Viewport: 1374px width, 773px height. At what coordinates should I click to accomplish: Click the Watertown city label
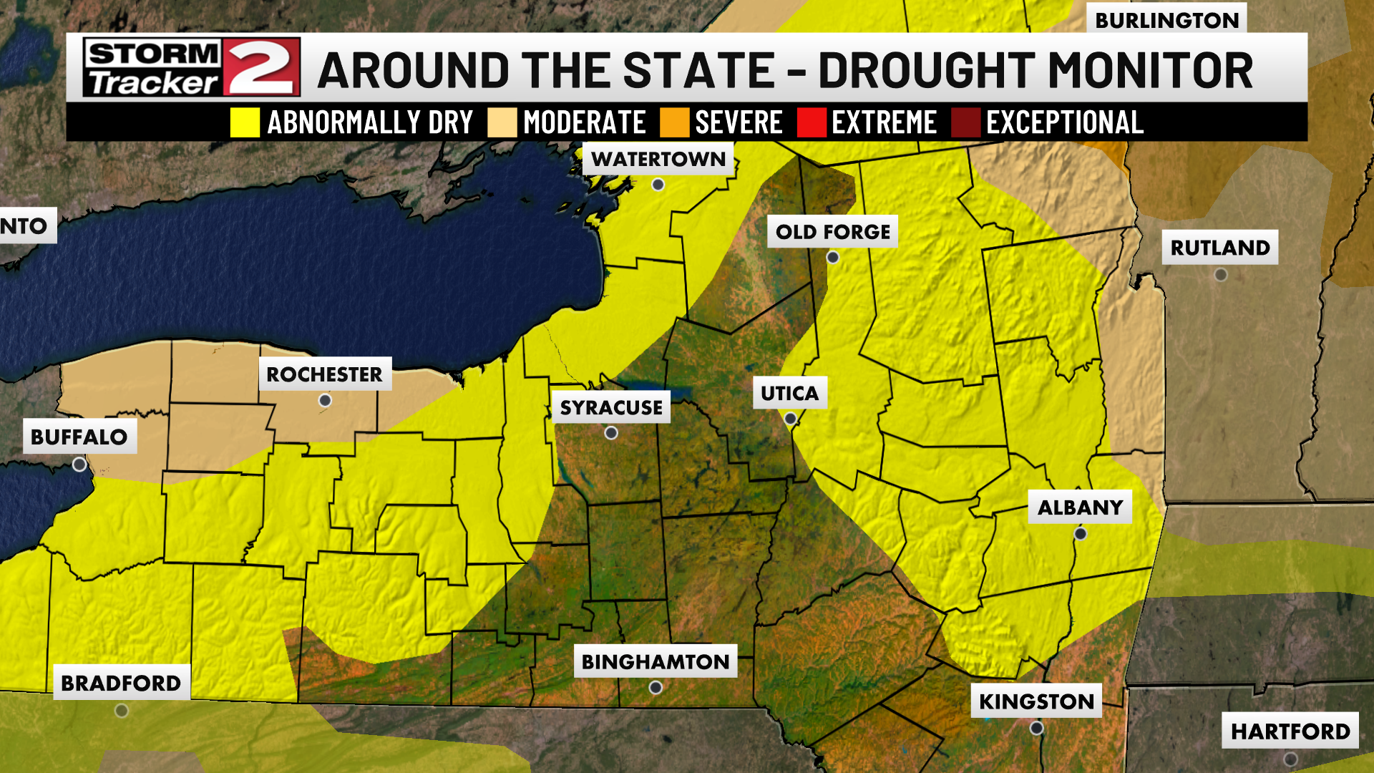[x=658, y=159]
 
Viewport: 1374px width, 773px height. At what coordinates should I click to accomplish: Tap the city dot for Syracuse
[x=611, y=433]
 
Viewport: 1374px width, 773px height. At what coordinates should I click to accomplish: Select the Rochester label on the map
[x=324, y=374]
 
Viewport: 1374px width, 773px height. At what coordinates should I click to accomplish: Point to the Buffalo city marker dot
[x=79, y=465]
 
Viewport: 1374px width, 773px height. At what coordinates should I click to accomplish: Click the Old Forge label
[x=832, y=232]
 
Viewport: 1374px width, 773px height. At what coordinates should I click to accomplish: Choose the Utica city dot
[x=790, y=419]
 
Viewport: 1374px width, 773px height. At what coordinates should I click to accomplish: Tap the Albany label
[x=1080, y=507]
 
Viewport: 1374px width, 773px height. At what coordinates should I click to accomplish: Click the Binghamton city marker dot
[x=656, y=688]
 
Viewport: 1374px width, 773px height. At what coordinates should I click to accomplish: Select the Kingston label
[x=1036, y=701]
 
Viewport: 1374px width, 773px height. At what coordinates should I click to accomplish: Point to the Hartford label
[x=1290, y=731]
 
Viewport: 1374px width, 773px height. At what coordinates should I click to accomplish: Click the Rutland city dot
[x=1221, y=275]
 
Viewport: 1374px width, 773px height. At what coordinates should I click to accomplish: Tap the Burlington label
[x=1166, y=20]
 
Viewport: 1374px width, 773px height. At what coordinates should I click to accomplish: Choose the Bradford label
[x=121, y=684]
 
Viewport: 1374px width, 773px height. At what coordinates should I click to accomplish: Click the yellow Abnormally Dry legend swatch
[x=245, y=122]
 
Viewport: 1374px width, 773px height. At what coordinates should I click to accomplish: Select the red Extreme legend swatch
[x=812, y=122]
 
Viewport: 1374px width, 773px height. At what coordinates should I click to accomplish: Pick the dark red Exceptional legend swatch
[x=965, y=122]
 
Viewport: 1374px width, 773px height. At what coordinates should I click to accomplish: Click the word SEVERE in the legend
[x=739, y=122]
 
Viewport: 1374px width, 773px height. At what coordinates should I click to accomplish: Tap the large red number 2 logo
[x=261, y=68]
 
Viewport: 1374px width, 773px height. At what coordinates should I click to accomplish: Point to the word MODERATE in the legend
[x=585, y=122]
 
